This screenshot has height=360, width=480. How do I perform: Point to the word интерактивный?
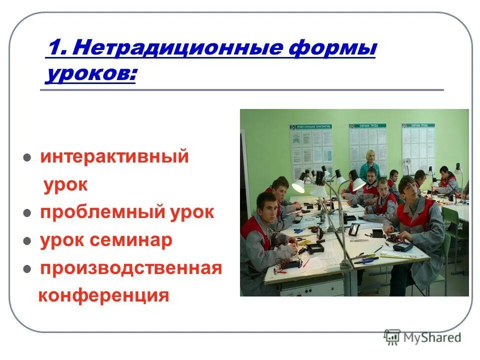[114, 156]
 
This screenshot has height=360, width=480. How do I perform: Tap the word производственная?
[131, 268]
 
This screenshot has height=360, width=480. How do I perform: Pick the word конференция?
[104, 295]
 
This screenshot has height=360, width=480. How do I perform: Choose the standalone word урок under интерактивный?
[65, 185]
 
